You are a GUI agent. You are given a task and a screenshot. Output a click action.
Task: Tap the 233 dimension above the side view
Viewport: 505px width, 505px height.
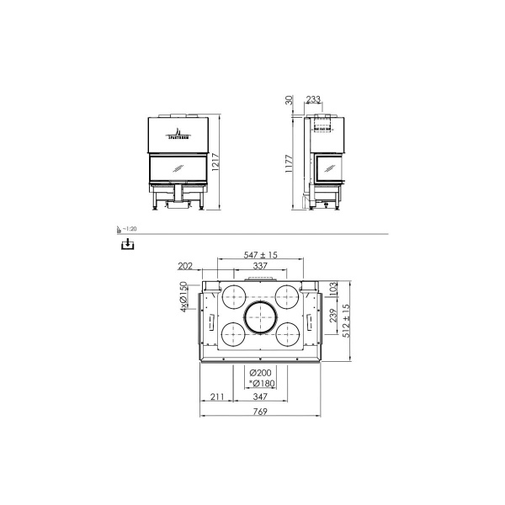point(313,99)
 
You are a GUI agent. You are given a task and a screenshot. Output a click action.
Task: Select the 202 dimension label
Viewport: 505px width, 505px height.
point(187,266)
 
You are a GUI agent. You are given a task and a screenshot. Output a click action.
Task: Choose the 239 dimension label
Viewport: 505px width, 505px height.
point(332,316)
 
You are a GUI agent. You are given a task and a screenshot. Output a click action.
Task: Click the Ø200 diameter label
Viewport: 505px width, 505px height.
point(261,373)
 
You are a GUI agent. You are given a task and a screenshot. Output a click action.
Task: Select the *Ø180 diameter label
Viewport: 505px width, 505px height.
point(260,383)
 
